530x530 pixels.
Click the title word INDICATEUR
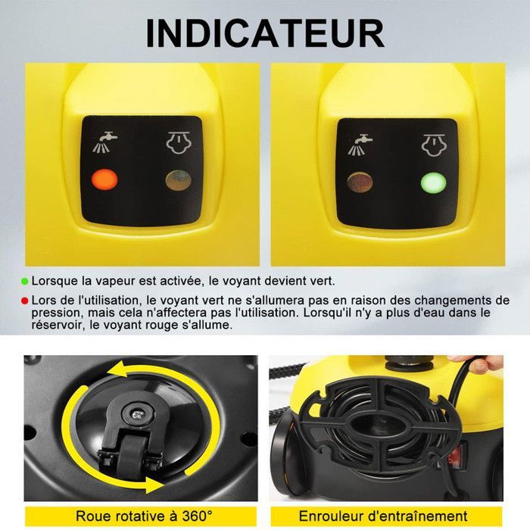tap(264, 34)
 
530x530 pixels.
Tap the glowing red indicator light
tap(103, 180)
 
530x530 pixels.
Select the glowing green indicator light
tap(432, 183)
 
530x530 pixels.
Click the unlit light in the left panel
tap(179, 180)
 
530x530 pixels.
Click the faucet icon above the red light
tap(104, 142)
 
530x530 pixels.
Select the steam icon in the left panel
tap(178, 142)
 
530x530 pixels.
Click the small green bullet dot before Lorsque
tap(25, 282)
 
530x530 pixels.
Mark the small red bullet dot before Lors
tap(25, 301)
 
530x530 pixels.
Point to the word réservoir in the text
tap(57, 325)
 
